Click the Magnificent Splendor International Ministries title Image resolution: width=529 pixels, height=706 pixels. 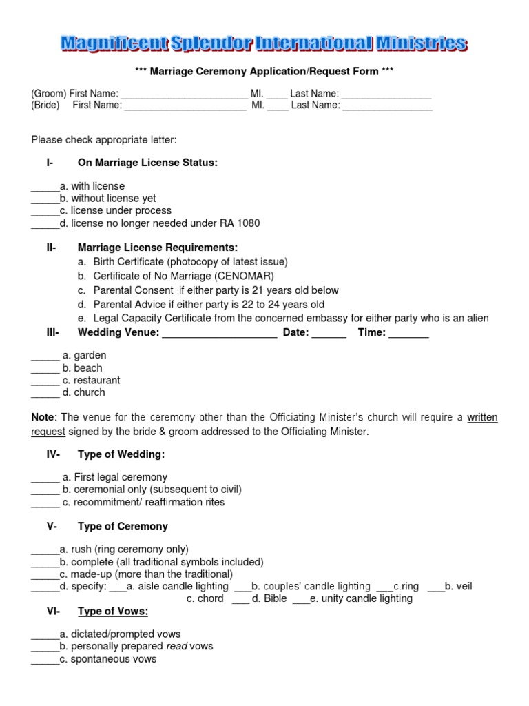point(264,45)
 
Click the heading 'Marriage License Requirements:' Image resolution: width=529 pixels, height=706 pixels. point(158,248)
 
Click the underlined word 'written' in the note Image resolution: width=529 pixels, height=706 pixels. point(482,417)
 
